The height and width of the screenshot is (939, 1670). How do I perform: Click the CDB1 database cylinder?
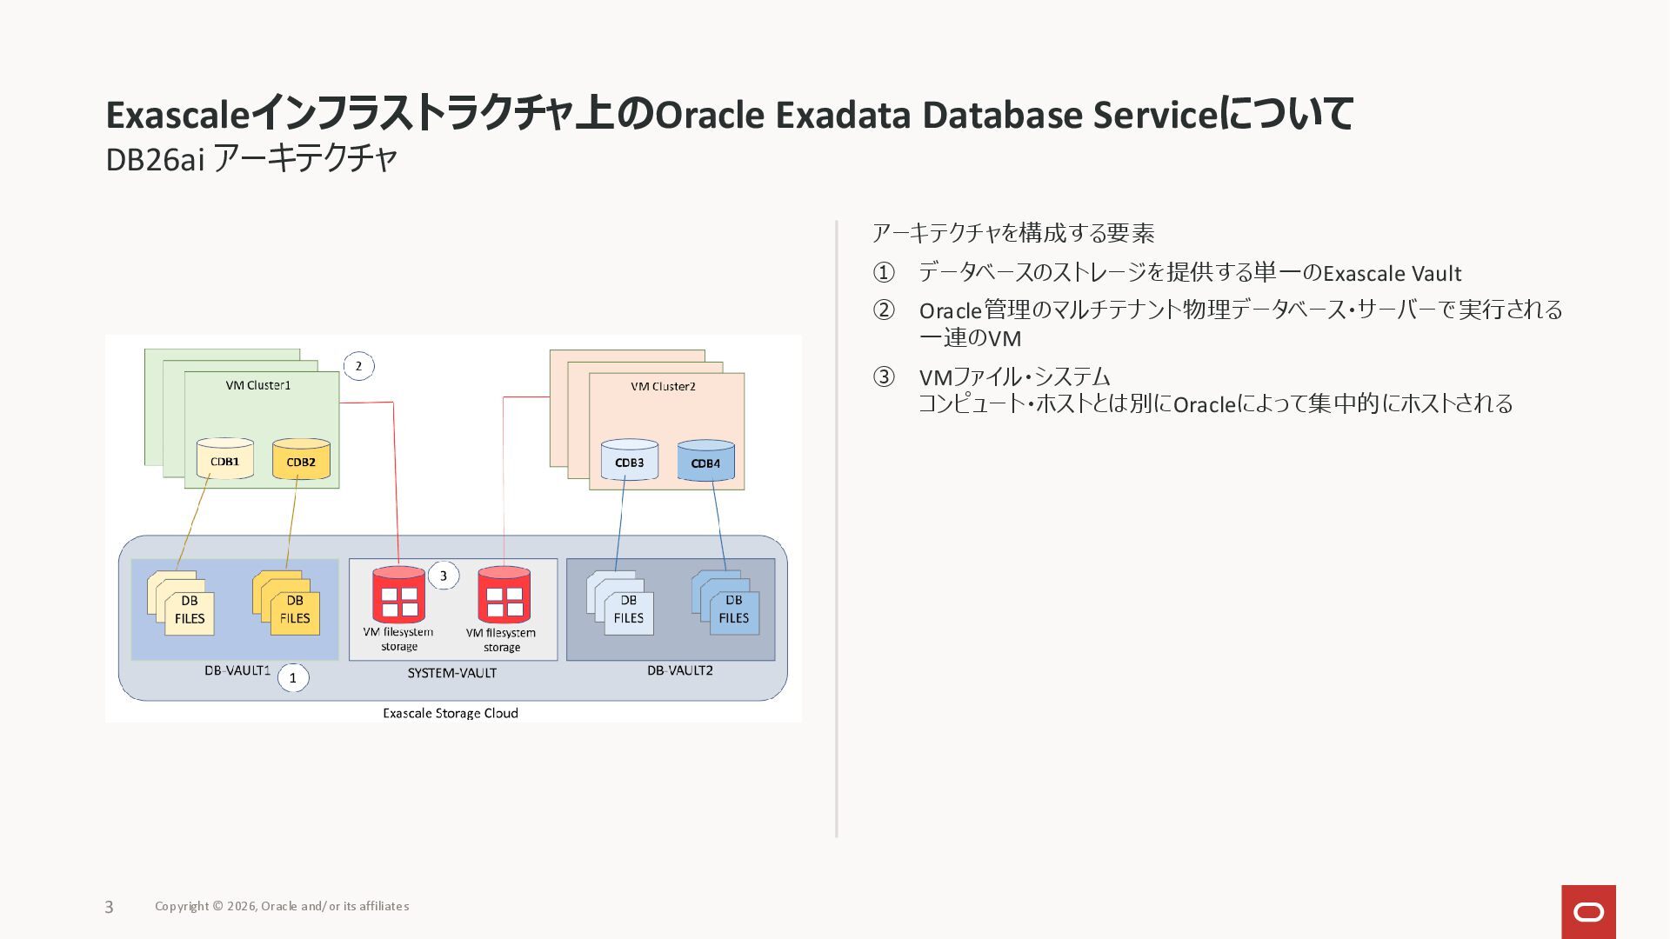tap(224, 459)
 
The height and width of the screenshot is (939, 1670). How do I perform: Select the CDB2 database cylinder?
tap(301, 460)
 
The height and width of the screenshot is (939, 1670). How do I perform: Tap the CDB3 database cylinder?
tap(629, 461)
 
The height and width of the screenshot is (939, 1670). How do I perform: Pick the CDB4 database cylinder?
tap(705, 461)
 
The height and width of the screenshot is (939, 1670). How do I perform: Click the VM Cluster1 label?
tap(258, 385)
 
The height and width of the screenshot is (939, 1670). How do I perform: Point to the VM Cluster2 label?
tap(663, 386)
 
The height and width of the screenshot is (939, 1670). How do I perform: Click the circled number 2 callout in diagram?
tap(358, 366)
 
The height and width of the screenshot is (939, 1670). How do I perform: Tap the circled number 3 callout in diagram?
tap(443, 576)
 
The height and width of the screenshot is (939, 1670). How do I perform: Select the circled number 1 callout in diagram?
tap(293, 678)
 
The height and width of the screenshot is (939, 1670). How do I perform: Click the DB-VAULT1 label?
tap(237, 671)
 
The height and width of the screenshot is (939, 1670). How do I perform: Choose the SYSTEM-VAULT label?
tap(451, 673)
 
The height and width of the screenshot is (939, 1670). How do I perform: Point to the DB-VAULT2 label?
tap(679, 670)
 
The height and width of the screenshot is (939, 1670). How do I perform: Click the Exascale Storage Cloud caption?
tap(451, 713)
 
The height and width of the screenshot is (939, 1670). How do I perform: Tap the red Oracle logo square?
tap(1588, 911)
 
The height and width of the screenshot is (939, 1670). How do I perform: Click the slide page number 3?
tap(109, 907)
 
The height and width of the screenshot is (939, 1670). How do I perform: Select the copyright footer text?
tap(282, 906)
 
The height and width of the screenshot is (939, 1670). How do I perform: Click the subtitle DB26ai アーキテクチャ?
tap(251, 159)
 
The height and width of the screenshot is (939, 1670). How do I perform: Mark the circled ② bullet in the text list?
tap(883, 310)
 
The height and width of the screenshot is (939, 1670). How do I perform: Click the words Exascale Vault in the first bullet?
tap(1392, 274)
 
